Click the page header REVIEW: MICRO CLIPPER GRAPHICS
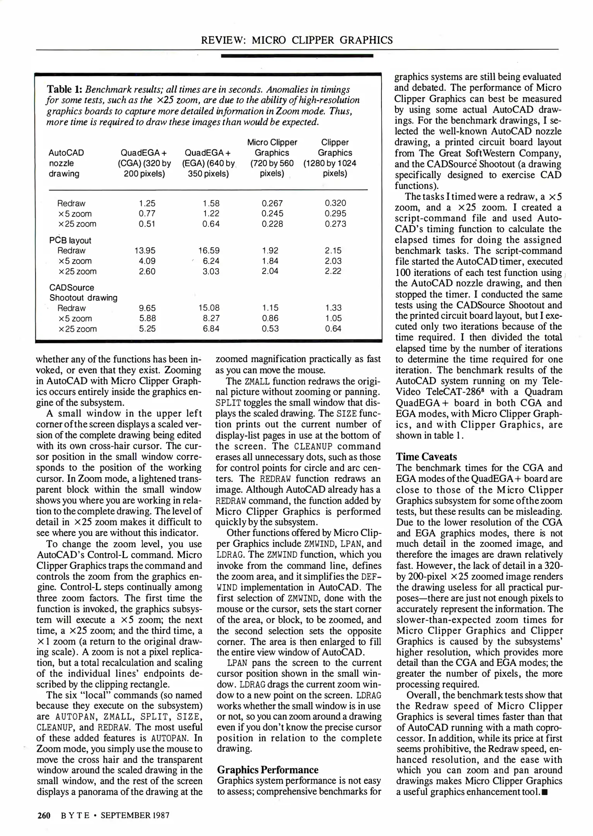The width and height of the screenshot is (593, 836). pyautogui.click(x=297, y=40)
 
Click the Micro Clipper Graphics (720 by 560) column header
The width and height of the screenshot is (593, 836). pyautogui.click(x=272, y=158)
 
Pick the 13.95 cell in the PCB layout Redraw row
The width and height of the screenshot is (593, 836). pyautogui.click(x=147, y=251)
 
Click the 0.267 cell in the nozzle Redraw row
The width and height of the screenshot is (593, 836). pyautogui.click(x=272, y=204)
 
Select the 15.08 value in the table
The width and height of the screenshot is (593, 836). pyautogui.click(x=209, y=308)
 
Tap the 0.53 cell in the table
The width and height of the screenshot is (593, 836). pyautogui.click(x=270, y=329)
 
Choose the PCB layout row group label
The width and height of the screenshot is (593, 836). pyautogui.click(x=70, y=240)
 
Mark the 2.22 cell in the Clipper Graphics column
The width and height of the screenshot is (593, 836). pyautogui.click(x=333, y=271)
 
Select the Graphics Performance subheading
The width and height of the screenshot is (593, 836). pyautogui.click(x=268, y=770)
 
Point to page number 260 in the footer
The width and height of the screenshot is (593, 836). pyautogui.click(x=44, y=815)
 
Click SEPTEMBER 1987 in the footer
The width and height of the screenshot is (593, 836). pyautogui.click(x=135, y=815)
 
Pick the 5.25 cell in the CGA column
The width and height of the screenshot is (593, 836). pyautogui.click(x=147, y=329)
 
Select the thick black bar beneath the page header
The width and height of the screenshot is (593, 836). pyautogui.click(x=297, y=56)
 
